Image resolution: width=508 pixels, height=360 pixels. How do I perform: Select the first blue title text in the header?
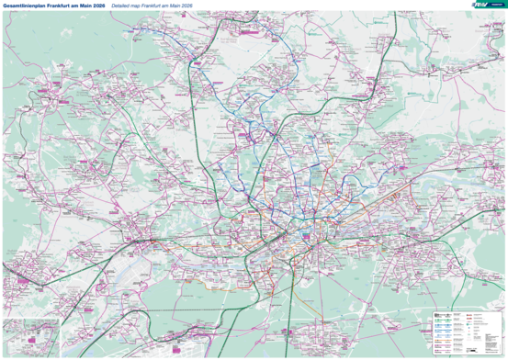click(x=53, y=5)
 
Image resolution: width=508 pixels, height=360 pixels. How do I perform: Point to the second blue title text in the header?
click(x=151, y=5)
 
